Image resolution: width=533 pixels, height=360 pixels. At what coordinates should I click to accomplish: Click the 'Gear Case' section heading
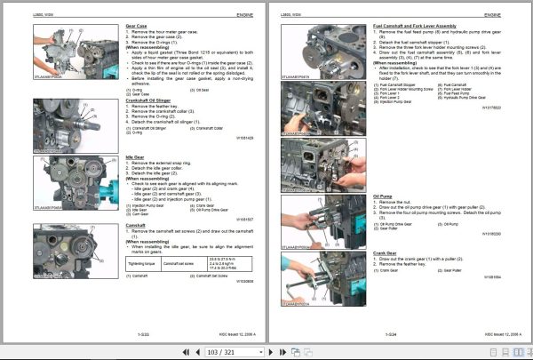point(136,28)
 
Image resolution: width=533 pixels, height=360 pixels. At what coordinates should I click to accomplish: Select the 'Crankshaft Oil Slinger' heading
point(153,100)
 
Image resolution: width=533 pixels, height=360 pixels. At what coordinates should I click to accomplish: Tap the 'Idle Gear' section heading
point(133,156)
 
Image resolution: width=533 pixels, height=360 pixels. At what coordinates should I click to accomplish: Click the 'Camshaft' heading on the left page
point(135,225)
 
